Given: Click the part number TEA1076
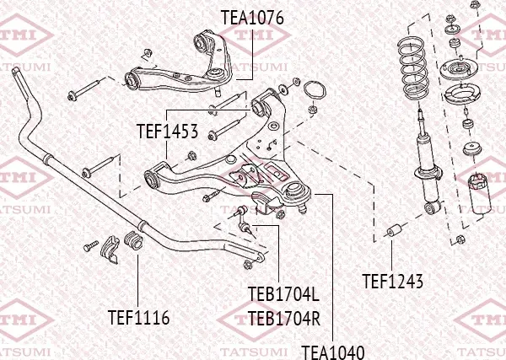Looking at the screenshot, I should pyautogui.click(x=252, y=17).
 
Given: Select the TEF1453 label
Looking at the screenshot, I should pyautogui.click(x=167, y=132).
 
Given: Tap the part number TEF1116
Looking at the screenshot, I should pyautogui.click(x=139, y=318).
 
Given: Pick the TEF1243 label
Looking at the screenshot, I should pyautogui.click(x=392, y=281).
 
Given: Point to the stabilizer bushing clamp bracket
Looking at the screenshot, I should pyautogui.click(x=110, y=250).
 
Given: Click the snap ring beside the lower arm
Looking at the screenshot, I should pyautogui.click(x=314, y=90).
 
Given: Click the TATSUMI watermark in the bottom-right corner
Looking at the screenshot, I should pyautogui.click(x=476, y=347).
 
